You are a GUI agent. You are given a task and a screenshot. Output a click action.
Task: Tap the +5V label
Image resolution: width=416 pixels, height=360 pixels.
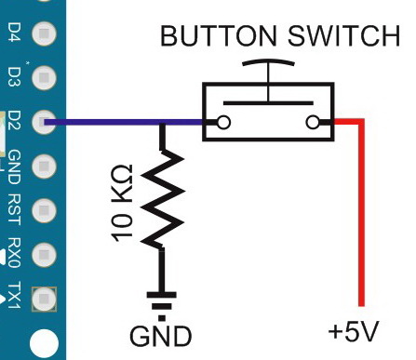354,332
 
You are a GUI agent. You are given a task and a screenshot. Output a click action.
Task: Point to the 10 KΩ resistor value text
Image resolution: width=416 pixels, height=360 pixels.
122,204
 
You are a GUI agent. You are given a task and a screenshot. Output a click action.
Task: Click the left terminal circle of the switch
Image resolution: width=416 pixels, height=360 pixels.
222,122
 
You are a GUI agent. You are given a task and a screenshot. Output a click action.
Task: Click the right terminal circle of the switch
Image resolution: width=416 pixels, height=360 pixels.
313,122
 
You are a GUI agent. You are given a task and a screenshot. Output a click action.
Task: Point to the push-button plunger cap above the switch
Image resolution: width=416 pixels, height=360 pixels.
268,64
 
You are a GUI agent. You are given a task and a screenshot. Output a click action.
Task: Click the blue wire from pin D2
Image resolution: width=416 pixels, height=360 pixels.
112,122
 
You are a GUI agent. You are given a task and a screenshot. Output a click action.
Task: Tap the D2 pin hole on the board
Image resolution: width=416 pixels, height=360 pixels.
42,121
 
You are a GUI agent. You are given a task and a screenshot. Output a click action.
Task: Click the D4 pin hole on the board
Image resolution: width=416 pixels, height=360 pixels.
42,34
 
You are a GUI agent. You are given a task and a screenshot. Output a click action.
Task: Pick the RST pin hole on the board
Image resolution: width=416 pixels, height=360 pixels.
42,210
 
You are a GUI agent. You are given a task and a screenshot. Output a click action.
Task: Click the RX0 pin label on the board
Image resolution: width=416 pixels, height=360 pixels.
14,253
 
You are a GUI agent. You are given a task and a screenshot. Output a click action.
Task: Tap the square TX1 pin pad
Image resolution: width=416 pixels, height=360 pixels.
42,297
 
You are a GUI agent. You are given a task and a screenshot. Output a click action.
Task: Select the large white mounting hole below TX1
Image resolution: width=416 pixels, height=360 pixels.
42,344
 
